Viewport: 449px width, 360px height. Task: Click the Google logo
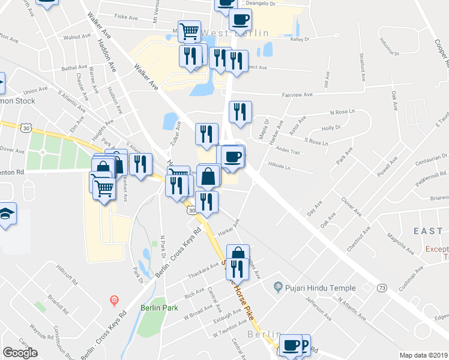click(x=20, y=353)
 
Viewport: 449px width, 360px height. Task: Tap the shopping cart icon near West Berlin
click(x=189, y=31)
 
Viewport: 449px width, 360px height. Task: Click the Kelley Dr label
click(x=298, y=40)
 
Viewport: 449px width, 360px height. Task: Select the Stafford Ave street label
click(x=362, y=66)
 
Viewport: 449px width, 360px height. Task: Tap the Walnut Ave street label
click(x=76, y=37)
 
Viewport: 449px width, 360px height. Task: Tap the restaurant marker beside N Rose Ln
click(x=240, y=112)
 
